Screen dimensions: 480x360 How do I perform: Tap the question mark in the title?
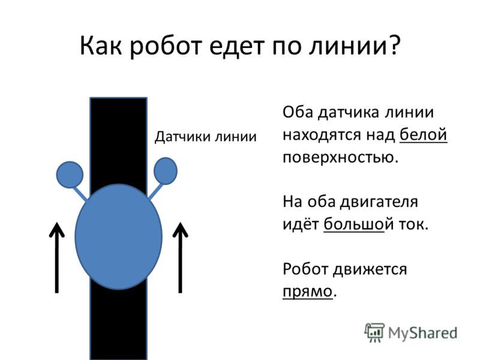394,44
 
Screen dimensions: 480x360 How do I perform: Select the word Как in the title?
100,45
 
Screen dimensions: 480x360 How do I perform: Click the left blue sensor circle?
70,175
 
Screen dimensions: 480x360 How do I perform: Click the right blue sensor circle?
166,171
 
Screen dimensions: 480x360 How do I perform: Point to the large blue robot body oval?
118,236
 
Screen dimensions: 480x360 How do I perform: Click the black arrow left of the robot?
57,258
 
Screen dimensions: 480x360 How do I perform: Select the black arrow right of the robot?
181,258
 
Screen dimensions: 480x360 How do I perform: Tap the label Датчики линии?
205,137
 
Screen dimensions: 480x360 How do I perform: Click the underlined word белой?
424,134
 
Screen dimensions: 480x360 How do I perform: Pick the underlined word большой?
354,224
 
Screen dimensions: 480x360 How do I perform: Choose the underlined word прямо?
307,292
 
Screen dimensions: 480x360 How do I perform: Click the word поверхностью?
340,158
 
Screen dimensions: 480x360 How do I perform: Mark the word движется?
370,269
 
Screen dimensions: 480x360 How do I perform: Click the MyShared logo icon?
374,332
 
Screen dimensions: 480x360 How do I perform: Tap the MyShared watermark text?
423,333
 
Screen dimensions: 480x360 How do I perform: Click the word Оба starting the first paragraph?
298,112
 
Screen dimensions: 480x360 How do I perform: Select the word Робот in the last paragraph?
305,269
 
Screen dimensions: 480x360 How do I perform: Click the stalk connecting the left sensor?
80,194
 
